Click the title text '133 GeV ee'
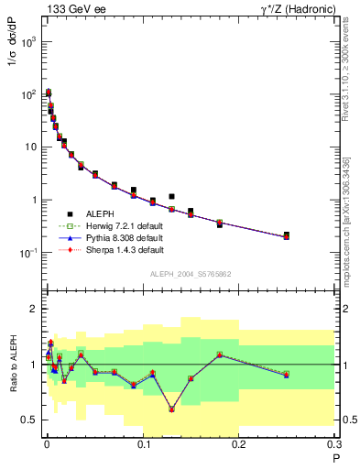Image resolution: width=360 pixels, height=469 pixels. point(71,9)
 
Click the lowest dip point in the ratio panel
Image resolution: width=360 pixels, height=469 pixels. point(171,409)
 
